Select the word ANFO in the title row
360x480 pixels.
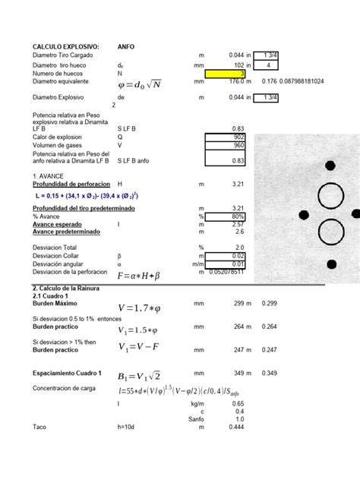point(126,46)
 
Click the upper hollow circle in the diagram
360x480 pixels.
point(331,196)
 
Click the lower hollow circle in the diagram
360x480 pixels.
point(331,234)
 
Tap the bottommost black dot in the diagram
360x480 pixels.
point(332,264)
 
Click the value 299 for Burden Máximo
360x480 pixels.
point(235,304)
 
